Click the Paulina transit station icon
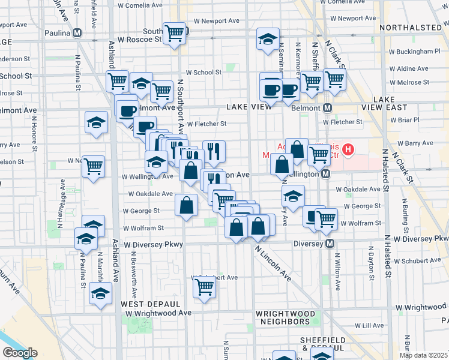click(77, 34)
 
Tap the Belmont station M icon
click(328, 108)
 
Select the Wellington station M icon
click(325, 174)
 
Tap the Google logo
click(20, 353)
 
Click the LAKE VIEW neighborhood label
click(250, 106)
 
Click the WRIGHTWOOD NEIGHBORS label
click(285, 317)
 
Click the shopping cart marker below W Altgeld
click(204, 288)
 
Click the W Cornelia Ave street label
click(140, 5)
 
